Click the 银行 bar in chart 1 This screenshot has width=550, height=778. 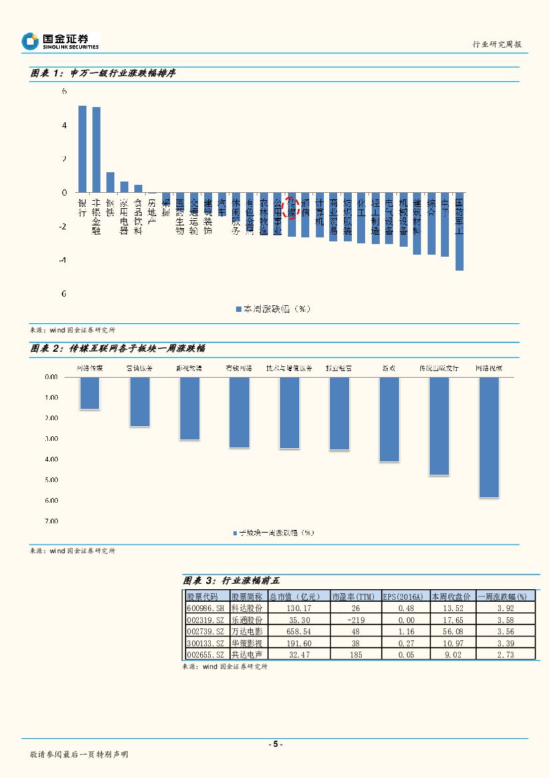pyautogui.click(x=82, y=149)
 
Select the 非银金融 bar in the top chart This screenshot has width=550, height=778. pyautogui.click(x=96, y=150)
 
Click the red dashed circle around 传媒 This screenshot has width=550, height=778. pyautogui.click(x=291, y=207)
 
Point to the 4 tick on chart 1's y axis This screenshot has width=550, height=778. pyautogui.click(x=64, y=125)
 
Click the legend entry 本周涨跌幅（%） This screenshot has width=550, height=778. pyautogui.click(x=273, y=309)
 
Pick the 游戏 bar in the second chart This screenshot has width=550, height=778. pyautogui.click(x=389, y=419)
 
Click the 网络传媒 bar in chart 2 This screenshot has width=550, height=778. pyautogui.click(x=90, y=393)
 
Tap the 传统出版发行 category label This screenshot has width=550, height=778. pyautogui.click(x=439, y=367)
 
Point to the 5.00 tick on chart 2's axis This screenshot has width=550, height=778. pyautogui.click(x=51, y=479)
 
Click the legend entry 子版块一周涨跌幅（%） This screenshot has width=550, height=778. pyautogui.click(x=273, y=533)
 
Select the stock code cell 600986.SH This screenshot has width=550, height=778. pyautogui.click(x=206, y=608)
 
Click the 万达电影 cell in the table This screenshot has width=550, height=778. pyautogui.click(x=247, y=631)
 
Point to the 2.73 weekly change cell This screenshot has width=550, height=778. pyautogui.click(x=505, y=655)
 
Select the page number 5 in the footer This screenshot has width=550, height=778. pyautogui.click(x=275, y=744)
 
